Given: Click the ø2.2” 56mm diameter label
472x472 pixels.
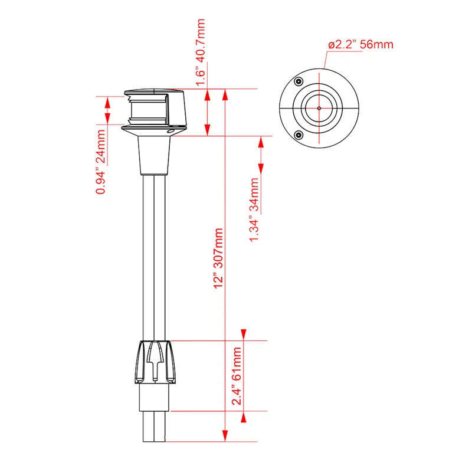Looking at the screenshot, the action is (360, 45).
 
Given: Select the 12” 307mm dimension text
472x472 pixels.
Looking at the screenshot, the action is (218, 258).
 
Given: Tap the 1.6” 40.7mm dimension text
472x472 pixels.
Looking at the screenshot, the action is (201, 53).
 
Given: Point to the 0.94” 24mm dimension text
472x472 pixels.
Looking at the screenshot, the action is (100, 162).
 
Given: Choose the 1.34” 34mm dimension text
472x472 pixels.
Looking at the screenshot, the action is (254, 210).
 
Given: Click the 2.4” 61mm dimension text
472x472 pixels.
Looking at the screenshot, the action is (237, 376).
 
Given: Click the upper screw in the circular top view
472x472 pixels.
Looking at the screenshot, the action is (299, 81).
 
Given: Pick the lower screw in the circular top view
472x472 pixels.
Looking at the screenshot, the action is (299, 135).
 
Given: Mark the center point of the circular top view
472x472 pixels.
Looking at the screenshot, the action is (319, 108).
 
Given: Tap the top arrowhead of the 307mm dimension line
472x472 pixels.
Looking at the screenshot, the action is (225, 94).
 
